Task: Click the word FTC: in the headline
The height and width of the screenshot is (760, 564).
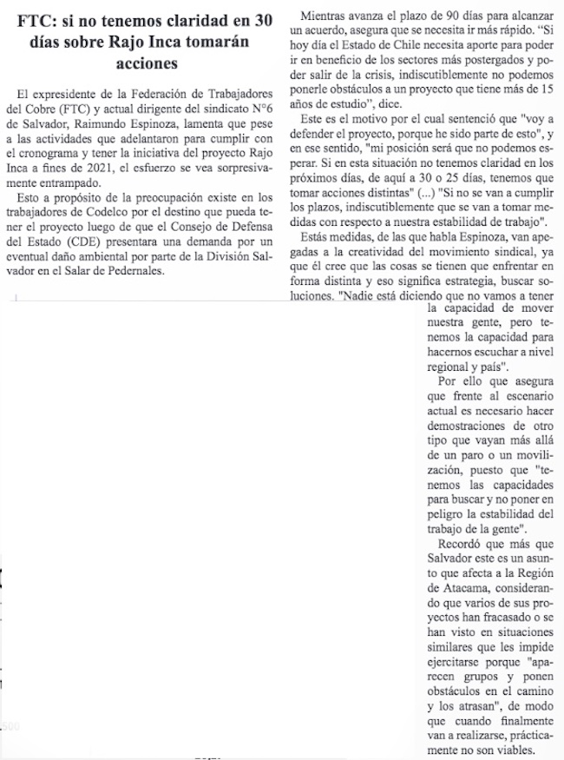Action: click(41, 23)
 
